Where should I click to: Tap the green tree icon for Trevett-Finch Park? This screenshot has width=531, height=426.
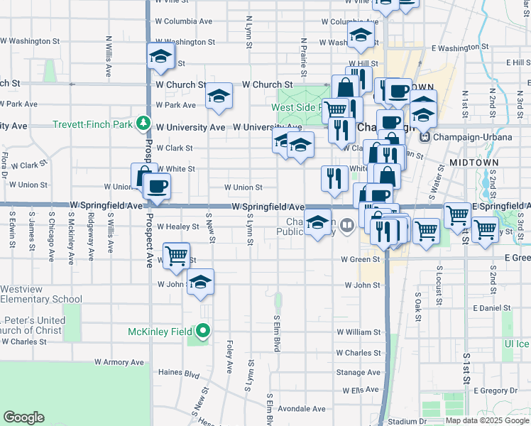[144, 124]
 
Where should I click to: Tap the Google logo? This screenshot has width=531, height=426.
[23, 417]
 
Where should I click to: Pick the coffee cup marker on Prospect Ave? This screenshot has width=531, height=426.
[157, 187]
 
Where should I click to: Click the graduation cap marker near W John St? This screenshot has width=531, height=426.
[200, 283]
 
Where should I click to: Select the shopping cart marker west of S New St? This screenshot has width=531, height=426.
[176, 255]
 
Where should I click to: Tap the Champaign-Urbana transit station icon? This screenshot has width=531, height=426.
[425, 136]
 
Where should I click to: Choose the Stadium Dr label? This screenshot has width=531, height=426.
[407, 421]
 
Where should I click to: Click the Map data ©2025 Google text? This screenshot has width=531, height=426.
[486, 420]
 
